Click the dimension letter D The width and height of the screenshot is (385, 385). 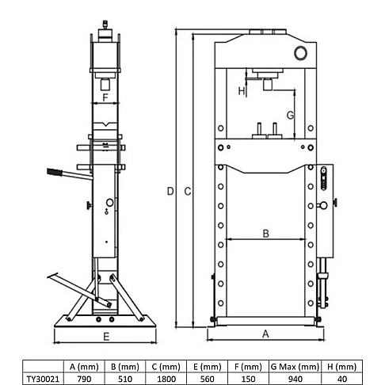pos(170,191)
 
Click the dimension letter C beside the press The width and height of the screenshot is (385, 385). pos(188,191)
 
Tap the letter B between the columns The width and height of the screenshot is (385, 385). pos(266,234)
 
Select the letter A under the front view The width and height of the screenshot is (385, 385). pos(265,334)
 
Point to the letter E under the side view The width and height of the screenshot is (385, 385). pos(106,337)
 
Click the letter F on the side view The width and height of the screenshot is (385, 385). pos(105,97)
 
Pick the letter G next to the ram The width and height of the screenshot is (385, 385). pos(290,115)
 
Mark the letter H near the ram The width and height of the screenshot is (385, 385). pos(242,91)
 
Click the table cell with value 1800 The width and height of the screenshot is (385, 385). pos(166,379)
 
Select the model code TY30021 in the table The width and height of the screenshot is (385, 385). pos(43,379)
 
